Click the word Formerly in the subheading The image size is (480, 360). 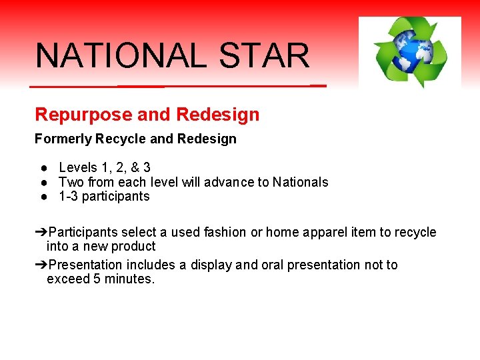click(63, 139)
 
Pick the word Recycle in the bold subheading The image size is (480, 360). click(121, 139)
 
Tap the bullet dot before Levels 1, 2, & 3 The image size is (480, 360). click(42, 168)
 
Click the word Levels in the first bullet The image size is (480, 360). click(77, 167)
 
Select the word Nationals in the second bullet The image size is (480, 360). click(300, 182)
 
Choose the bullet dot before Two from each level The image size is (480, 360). click(42, 183)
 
